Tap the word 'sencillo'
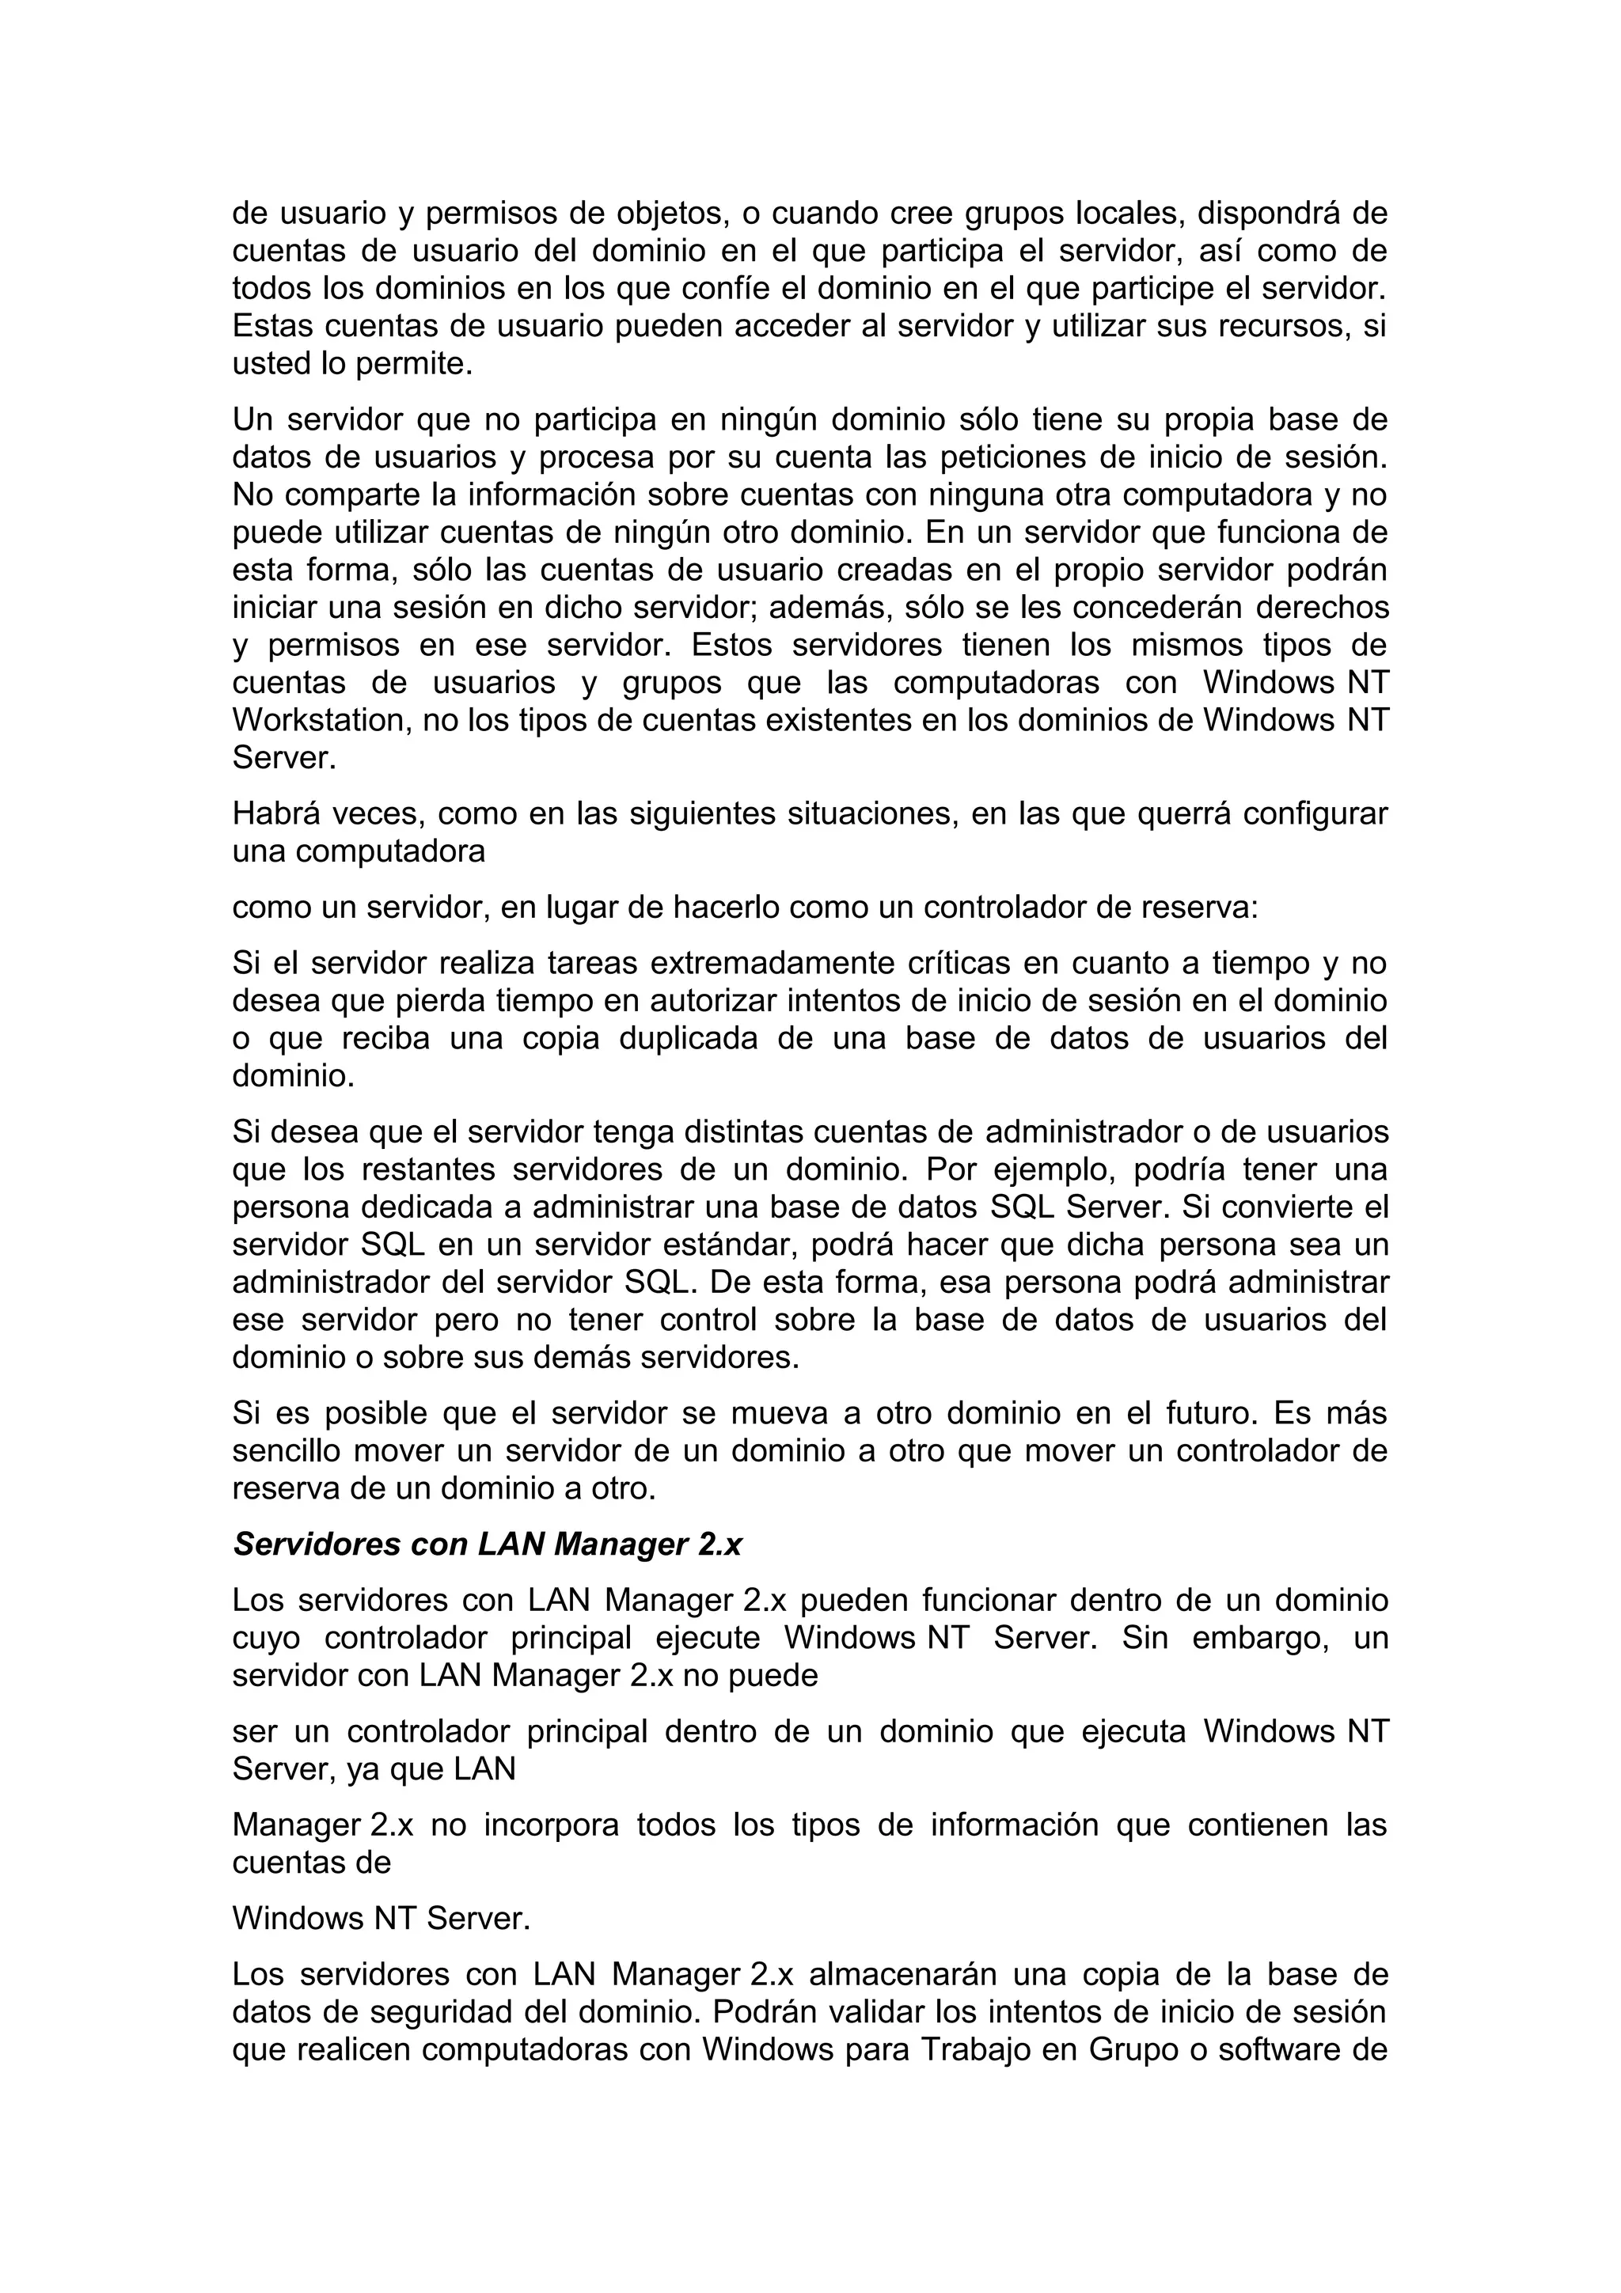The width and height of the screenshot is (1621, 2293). tap(283, 1451)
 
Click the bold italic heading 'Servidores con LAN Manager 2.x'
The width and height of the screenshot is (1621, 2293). tap(487, 1545)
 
